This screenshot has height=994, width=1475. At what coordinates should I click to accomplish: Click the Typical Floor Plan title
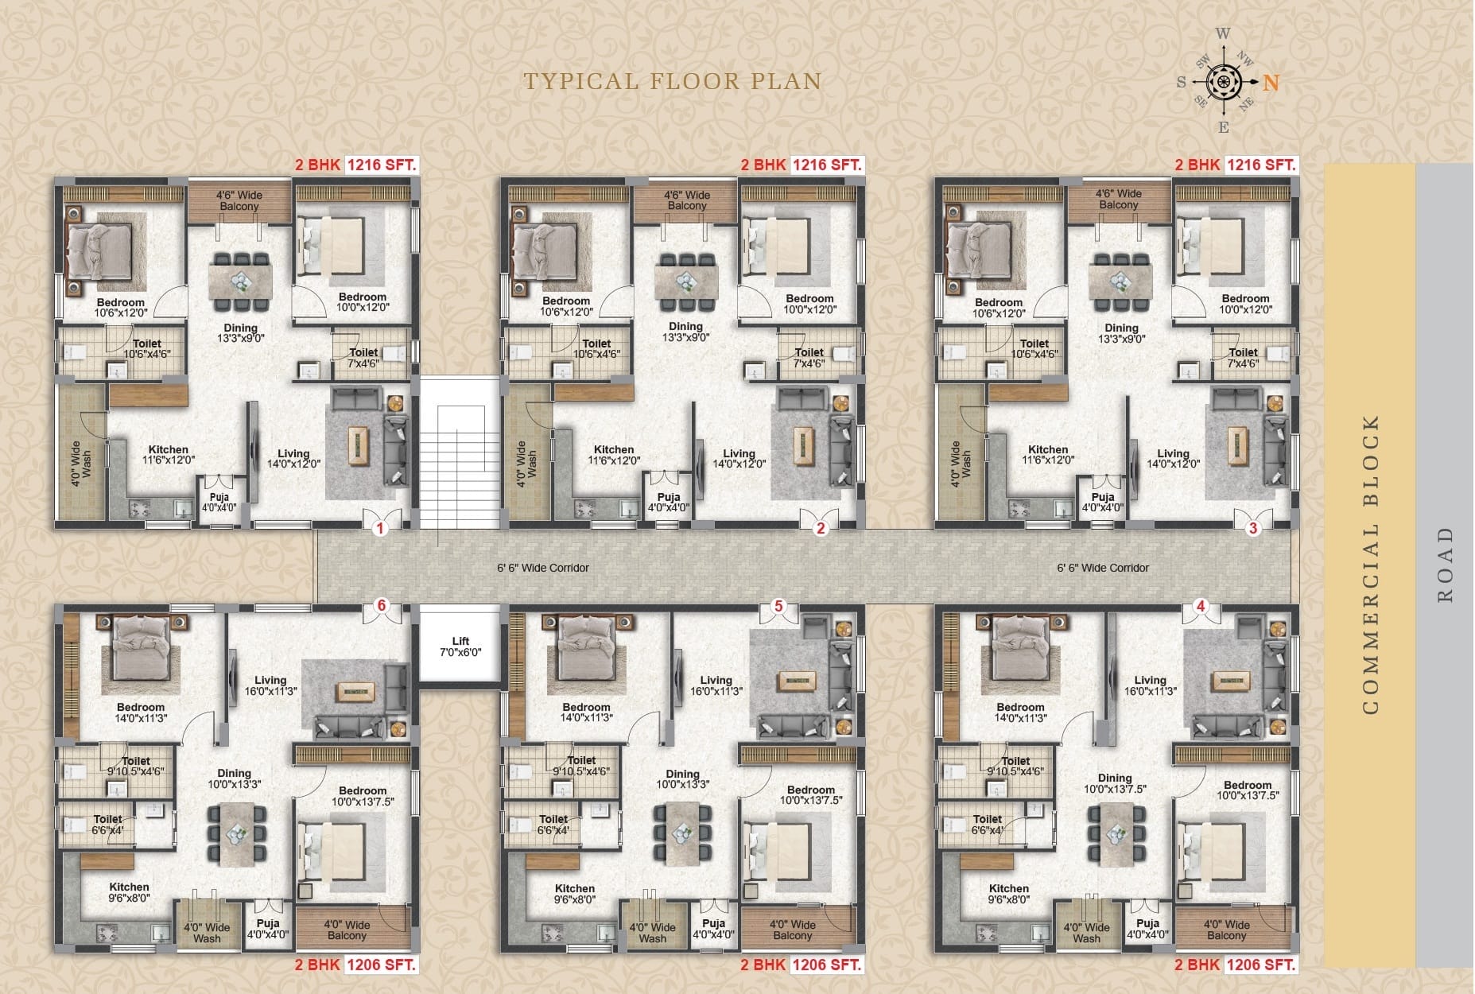pyautogui.click(x=672, y=81)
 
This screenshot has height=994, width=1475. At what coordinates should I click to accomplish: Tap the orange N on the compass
pyautogui.click(x=1271, y=82)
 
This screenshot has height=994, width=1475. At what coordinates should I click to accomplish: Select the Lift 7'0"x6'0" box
pyautogui.click(x=460, y=643)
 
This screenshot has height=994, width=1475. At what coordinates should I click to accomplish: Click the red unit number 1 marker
pyautogui.click(x=380, y=528)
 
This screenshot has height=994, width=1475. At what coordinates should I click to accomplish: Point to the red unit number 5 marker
pyautogui.click(x=778, y=606)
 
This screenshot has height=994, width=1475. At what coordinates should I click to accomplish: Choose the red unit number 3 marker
pyautogui.click(x=1253, y=528)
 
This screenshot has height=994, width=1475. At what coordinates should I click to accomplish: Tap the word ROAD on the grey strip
pyautogui.click(x=1445, y=565)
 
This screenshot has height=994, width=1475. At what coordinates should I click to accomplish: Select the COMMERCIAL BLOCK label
pyautogui.click(x=1370, y=565)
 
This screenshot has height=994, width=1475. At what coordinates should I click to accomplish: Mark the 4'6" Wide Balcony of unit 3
pyautogui.click(x=1119, y=200)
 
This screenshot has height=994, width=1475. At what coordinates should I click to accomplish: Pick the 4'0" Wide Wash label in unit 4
pyautogui.click(x=1086, y=933)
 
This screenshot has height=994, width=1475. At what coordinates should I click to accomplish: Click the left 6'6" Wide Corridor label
pyautogui.click(x=543, y=568)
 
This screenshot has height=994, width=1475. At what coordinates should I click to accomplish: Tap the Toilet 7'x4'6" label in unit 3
pyautogui.click(x=1243, y=358)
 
